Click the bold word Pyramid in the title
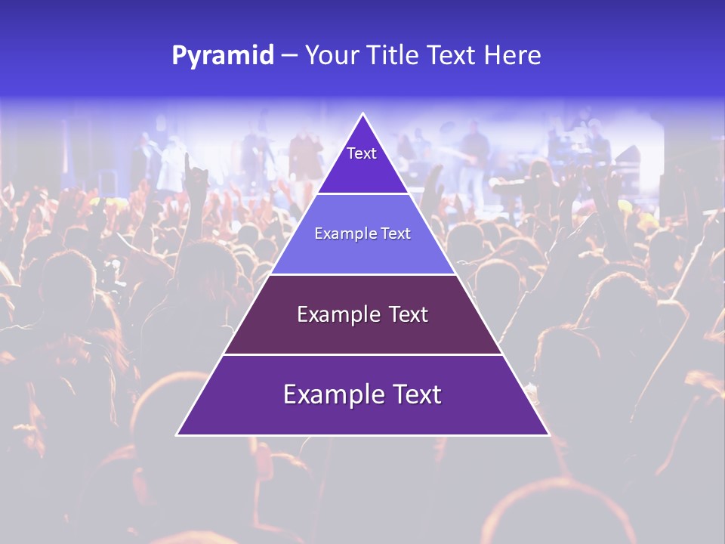(x=222, y=56)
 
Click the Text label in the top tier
(x=362, y=153)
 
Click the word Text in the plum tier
(x=409, y=314)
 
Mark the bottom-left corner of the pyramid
(x=177, y=434)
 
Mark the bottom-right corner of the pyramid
(x=548, y=434)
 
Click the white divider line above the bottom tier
(x=362, y=354)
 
